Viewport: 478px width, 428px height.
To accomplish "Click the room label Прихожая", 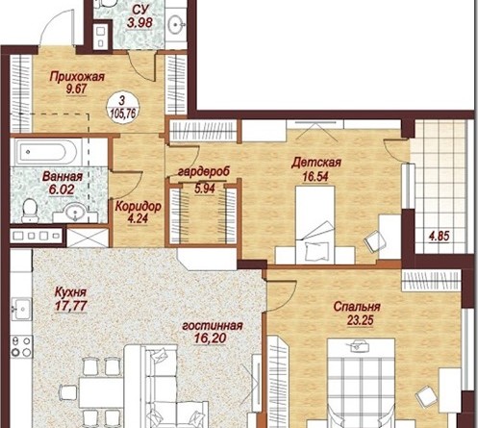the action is pyautogui.click(x=77, y=77).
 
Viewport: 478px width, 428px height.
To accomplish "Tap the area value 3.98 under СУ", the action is pyautogui.click(x=139, y=23).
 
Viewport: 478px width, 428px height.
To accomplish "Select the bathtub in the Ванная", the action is pyautogui.click(x=48, y=152).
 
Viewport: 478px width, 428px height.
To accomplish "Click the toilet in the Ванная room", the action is pyautogui.click(x=30, y=210).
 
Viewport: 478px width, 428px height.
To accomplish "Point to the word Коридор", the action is pyautogui.click(x=138, y=207).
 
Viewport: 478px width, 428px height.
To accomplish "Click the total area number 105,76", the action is pyautogui.click(x=123, y=113).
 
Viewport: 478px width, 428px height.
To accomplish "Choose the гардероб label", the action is pyautogui.click(x=204, y=171).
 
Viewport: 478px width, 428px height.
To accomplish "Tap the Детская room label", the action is pyautogui.click(x=315, y=163).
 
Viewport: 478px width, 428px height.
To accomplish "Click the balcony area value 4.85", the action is pyautogui.click(x=440, y=237).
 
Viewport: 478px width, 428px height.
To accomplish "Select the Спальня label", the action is pyautogui.click(x=357, y=307).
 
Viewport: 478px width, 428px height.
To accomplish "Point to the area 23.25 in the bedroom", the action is pyautogui.click(x=361, y=320).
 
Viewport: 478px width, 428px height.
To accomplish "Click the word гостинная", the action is pyautogui.click(x=213, y=326).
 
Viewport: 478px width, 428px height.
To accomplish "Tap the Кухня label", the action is pyautogui.click(x=70, y=292).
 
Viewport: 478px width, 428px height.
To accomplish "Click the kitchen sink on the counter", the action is pyautogui.click(x=21, y=309).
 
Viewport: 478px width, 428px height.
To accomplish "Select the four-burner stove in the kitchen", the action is pyautogui.click(x=21, y=346).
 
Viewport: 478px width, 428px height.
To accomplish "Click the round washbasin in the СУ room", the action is pyautogui.click(x=176, y=24).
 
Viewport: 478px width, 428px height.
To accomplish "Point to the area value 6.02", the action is pyautogui.click(x=62, y=189).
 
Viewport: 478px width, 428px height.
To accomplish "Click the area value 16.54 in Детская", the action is pyautogui.click(x=315, y=177).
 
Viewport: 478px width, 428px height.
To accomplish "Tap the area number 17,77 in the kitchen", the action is pyautogui.click(x=70, y=306).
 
